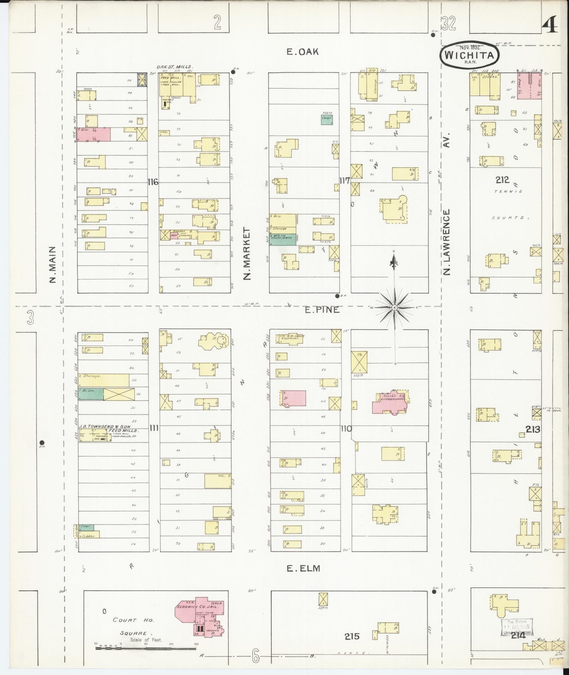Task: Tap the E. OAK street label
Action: pos(303,52)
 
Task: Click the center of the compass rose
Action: pos(394,308)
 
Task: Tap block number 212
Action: pos(502,180)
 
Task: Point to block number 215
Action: pos(352,636)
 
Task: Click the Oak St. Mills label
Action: pos(175,67)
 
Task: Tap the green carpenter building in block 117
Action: pos(327,120)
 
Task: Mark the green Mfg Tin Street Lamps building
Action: pos(283,239)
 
